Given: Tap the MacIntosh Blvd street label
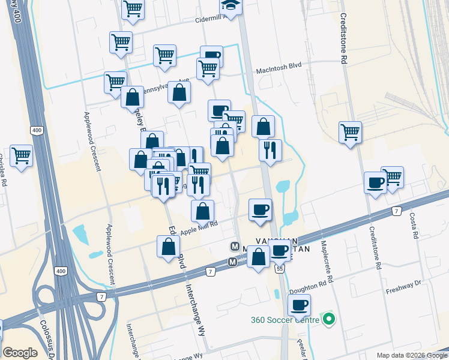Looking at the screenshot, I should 279,70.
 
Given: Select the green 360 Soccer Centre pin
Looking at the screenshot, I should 328,319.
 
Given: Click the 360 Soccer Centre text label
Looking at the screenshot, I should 285,319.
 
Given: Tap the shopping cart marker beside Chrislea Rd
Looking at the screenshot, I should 21,155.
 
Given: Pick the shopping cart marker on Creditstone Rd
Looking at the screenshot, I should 350,132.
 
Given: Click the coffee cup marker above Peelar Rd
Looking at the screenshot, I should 298,305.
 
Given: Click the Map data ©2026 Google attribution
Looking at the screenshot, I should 412,355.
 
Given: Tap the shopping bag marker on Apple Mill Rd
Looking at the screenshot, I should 203,211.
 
